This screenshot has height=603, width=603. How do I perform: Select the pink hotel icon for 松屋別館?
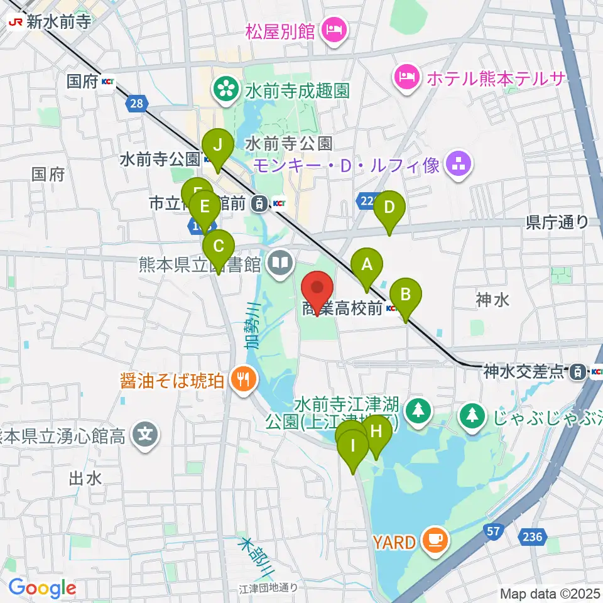tap(332, 29)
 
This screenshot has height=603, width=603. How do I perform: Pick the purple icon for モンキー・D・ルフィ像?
tap(455, 165)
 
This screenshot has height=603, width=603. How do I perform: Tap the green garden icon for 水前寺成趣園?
tap(223, 90)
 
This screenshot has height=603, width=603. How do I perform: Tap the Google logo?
tap(42, 588)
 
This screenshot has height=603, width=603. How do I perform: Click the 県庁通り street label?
tap(557, 221)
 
